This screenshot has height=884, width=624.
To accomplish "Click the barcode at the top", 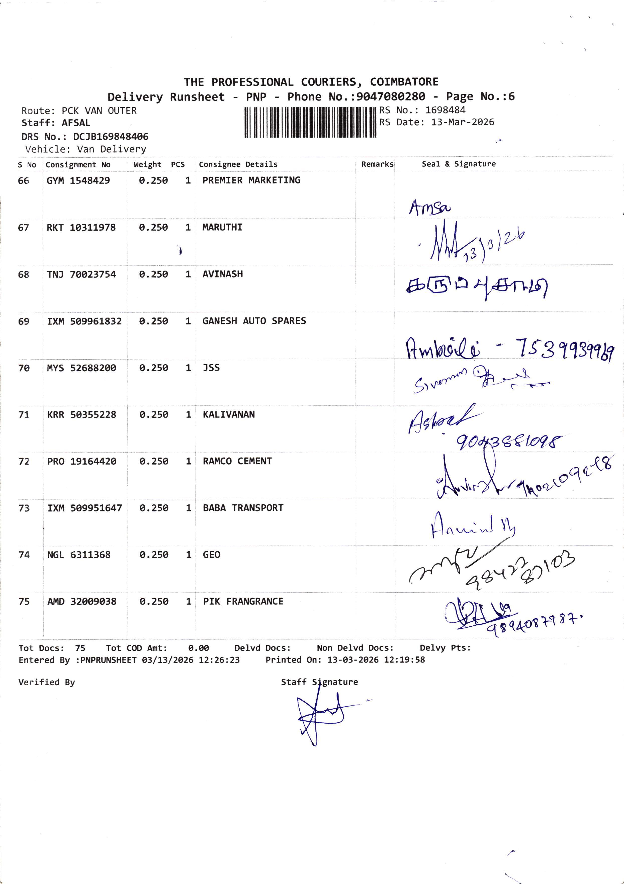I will [310, 123].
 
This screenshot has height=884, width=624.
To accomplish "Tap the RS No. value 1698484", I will [445, 110].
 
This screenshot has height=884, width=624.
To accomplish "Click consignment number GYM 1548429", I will [78, 181].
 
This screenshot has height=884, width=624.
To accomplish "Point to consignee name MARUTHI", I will [222, 228].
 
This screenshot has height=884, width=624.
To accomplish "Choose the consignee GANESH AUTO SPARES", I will [254, 321].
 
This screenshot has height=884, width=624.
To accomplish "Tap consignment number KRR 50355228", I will [82, 415].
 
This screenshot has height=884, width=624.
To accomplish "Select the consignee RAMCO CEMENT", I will [237, 461].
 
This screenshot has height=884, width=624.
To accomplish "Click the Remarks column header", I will [377, 164].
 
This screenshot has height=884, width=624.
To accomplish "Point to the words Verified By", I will [47, 682].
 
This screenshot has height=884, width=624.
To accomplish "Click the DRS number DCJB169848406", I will [111, 137].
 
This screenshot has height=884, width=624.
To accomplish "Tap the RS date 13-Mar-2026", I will [462, 123].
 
